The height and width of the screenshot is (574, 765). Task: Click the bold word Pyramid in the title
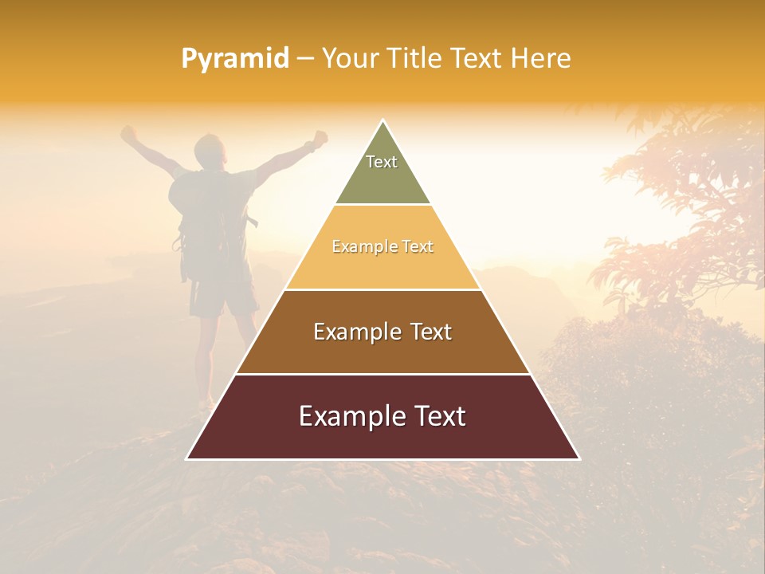(x=235, y=59)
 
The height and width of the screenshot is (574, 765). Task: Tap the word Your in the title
(x=349, y=59)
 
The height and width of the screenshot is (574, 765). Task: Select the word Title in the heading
(x=416, y=59)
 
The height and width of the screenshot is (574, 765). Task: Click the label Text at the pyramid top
(x=382, y=162)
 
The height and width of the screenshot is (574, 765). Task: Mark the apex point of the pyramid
(x=383, y=121)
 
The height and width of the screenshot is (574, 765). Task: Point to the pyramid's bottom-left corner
(x=187, y=458)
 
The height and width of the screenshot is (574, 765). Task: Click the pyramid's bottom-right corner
(x=579, y=458)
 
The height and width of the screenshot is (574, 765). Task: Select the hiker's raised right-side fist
(x=319, y=138)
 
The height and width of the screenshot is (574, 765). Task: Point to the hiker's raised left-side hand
(x=127, y=133)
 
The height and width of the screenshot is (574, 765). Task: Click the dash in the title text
(x=305, y=59)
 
